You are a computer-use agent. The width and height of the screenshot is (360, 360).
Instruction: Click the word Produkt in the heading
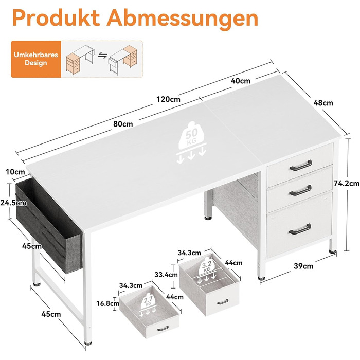click(x=56, y=18)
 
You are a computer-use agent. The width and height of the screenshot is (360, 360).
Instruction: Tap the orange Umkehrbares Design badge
click(x=36, y=59)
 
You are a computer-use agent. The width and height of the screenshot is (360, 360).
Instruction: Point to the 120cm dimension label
click(x=168, y=99)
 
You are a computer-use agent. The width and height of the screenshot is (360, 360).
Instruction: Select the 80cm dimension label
click(x=123, y=124)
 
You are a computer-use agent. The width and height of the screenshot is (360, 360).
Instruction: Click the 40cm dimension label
click(x=240, y=81)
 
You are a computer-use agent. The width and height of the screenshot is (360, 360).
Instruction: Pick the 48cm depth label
click(x=323, y=103)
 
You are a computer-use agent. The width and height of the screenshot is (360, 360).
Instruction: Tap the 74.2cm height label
click(x=347, y=183)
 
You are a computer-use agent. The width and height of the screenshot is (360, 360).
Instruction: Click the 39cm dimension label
click(x=303, y=266)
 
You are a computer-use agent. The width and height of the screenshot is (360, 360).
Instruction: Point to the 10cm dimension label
click(x=15, y=172)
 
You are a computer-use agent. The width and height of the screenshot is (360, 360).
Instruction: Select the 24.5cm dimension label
click(x=13, y=203)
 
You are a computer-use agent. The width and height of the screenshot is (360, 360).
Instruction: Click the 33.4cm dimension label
click(x=166, y=275)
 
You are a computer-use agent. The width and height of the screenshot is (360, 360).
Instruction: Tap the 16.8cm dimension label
click(x=107, y=303)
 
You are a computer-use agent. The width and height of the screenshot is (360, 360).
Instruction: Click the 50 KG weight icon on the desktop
click(x=191, y=142)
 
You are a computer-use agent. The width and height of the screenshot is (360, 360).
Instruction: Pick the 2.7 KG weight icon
click(x=148, y=304)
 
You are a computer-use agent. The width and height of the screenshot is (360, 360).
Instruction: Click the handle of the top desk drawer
click(x=300, y=166)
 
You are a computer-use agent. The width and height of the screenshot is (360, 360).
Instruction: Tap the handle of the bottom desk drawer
click(x=300, y=229)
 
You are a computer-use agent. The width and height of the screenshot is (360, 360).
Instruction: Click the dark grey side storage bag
click(x=49, y=226)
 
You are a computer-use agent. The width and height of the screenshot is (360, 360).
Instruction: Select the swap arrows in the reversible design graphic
click(x=103, y=56)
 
